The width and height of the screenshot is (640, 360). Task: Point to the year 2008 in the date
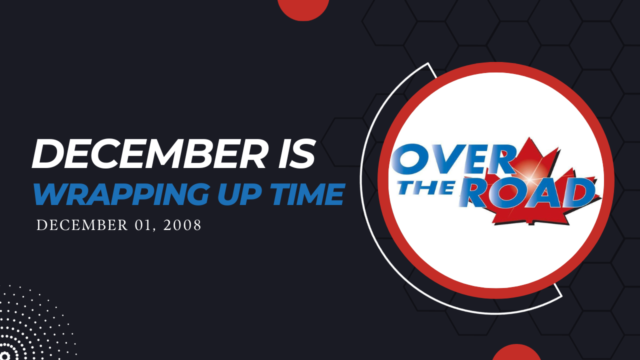tap(182, 225)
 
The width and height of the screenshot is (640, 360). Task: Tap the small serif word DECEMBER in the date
tap(82, 225)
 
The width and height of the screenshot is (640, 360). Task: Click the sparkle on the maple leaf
tap(529, 179)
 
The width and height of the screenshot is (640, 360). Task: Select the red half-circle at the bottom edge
tap(516, 352)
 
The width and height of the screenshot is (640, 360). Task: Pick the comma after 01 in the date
tap(154, 229)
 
